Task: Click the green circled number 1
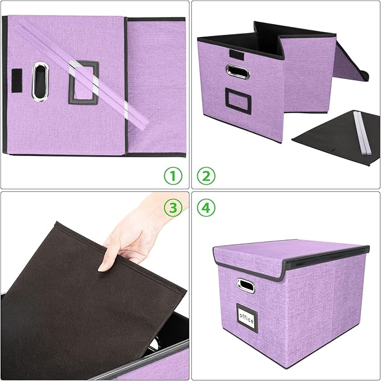point(173,176)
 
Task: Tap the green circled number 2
point(206,176)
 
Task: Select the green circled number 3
point(173,208)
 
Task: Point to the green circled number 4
point(206,208)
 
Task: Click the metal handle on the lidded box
point(245,285)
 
